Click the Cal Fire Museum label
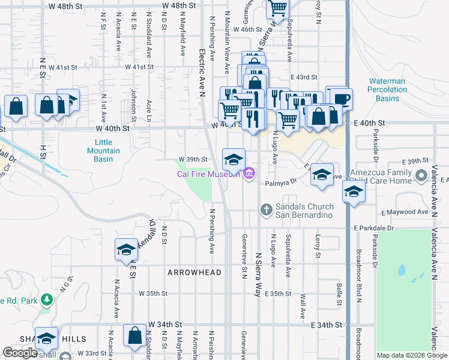click(x=208, y=175)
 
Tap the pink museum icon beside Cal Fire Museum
click(x=250, y=175)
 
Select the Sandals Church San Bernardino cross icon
click(x=266, y=209)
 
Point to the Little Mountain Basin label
click(x=104, y=151)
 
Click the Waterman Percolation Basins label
click(x=387, y=89)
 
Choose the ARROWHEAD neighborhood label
click(x=194, y=272)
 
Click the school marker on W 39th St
click(x=234, y=159)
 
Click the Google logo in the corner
click(x=20, y=353)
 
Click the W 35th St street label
click(x=153, y=294)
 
